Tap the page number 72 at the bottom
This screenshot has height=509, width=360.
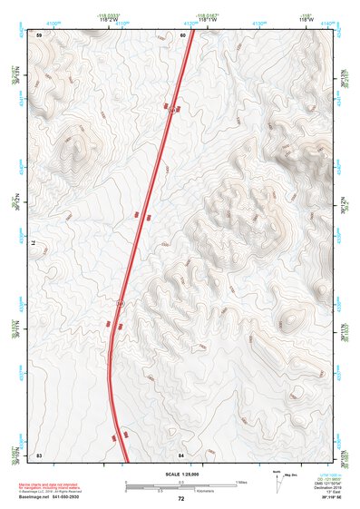point(180,499)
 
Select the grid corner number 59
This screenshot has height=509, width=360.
point(39,34)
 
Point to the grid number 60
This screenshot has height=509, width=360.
point(182,34)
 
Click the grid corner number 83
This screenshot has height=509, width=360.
point(39,453)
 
